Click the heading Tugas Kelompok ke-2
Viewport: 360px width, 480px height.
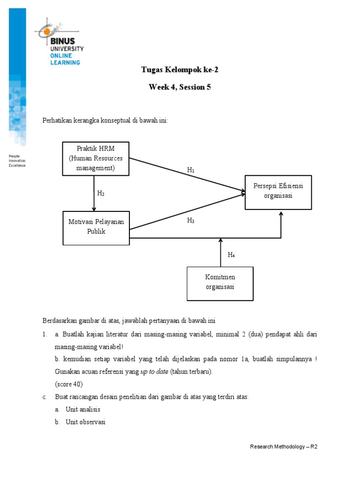tap(180, 70)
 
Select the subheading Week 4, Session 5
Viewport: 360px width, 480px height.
tap(180, 87)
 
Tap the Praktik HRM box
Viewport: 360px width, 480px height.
tap(96, 158)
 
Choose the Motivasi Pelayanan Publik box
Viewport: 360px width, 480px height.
tap(96, 227)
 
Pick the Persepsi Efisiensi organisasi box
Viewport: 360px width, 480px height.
tap(278, 192)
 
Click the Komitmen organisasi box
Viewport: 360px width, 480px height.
tap(220, 283)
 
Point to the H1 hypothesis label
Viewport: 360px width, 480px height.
tap(191, 171)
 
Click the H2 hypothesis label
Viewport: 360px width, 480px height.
tap(101, 193)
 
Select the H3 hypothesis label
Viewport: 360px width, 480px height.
tap(191, 220)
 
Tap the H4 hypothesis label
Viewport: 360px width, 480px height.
tap(232, 255)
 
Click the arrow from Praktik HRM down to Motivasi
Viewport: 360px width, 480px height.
tap(94, 193)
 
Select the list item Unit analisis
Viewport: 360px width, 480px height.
tap(83, 409)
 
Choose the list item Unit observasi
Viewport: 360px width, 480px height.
tap(86, 422)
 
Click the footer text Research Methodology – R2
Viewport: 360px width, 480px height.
tap(284, 447)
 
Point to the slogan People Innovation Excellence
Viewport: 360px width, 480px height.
tap(17, 160)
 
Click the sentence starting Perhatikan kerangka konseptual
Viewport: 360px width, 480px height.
tap(105, 120)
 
